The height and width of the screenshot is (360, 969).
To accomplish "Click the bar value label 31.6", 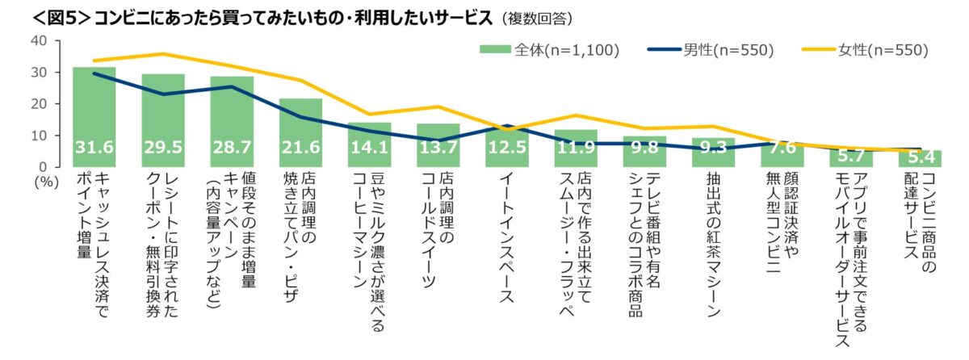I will click(94, 149).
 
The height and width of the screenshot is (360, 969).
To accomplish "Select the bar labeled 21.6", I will click(300, 133).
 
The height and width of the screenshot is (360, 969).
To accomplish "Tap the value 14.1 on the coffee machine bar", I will click(369, 149).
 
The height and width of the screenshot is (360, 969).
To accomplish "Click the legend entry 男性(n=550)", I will click(711, 50).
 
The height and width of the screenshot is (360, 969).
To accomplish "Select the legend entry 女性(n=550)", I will click(865, 50).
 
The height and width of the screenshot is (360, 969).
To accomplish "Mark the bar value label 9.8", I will click(644, 149).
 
